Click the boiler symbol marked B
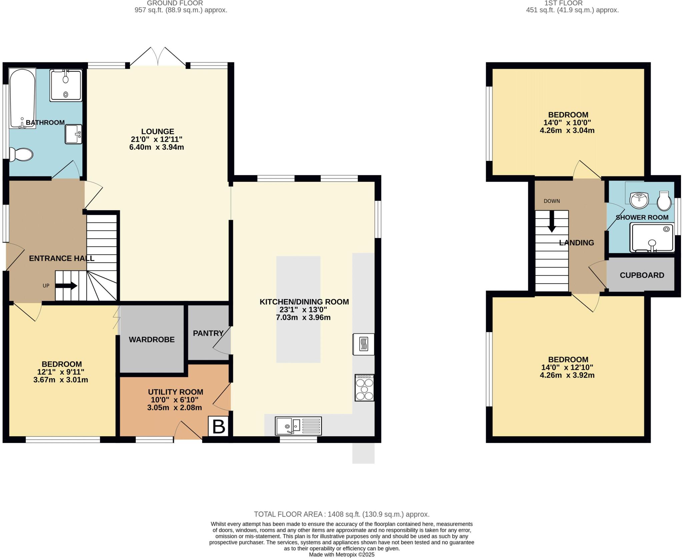click(x=218, y=426)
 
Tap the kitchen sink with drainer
click(x=298, y=426)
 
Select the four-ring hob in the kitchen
click(x=364, y=388)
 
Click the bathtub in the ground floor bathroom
click(x=22, y=98)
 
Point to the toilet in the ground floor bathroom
click(x=21, y=155)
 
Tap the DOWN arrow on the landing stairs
click(x=552, y=222)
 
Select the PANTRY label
click(x=208, y=333)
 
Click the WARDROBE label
click(x=152, y=339)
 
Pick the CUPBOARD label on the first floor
click(x=642, y=275)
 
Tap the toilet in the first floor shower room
click(x=664, y=201)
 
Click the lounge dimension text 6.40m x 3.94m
click(x=156, y=147)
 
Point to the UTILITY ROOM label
click(x=175, y=392)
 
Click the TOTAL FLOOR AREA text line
click(x=341, y=514)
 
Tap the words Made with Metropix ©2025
click(x=341, y=555)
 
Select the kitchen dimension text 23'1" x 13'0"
click(x=303, y=309)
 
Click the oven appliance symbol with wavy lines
click(x=364, y=344)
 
